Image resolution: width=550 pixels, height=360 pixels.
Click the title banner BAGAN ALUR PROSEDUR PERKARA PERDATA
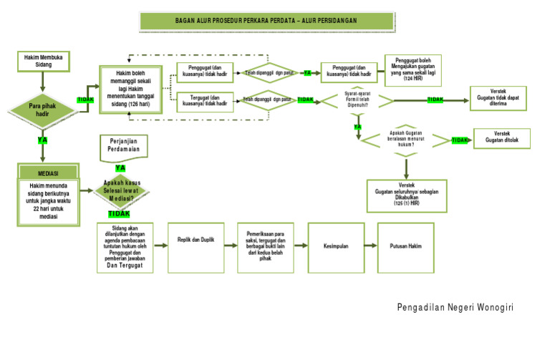(276, 21)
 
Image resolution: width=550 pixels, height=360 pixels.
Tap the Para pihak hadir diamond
(42, 109)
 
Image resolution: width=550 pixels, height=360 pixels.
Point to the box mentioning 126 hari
(131, 89)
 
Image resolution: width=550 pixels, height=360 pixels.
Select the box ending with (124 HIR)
(413, 70)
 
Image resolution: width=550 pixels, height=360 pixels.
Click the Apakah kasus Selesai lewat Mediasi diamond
(120, 190)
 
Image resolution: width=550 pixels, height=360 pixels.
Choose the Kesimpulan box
(335, 246)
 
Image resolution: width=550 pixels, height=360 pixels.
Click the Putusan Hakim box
(405, 246)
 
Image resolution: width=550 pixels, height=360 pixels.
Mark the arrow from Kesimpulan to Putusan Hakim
(370, 246)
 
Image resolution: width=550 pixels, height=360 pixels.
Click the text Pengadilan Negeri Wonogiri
(455, 308)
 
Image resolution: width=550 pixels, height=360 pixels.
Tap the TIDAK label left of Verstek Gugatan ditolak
(460, 140)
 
